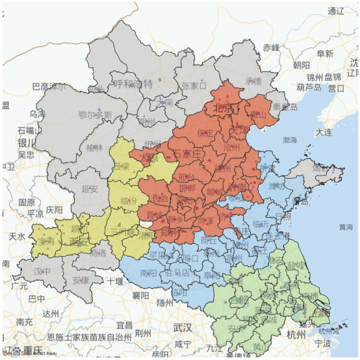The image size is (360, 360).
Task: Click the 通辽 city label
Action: coord(336,11)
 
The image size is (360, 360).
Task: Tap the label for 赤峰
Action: coord(271,47)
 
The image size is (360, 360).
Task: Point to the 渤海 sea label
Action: coord(289,140)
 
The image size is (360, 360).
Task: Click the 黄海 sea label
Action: coord(346,227)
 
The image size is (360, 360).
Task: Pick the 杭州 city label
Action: coord(298,335)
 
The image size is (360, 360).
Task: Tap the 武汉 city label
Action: coord(183,327)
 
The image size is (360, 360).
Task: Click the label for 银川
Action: coord(27,142)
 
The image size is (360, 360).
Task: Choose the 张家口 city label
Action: coord(194,85)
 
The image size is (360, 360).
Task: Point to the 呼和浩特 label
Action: coord(133,84)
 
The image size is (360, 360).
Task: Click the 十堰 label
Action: coord(115,281)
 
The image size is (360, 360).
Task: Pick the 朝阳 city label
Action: coord(302,64)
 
